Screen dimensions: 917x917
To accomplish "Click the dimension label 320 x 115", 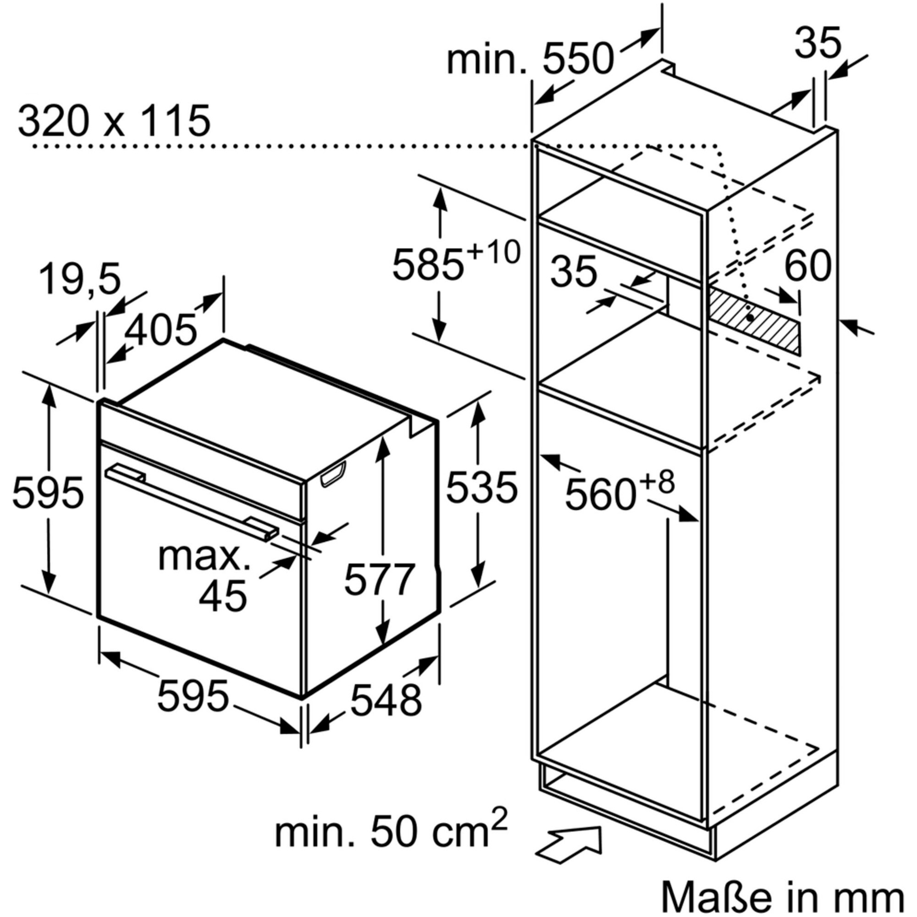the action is tap(114, 122).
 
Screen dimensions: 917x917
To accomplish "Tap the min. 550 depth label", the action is tap(530, 59).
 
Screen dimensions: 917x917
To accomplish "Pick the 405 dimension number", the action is tap(161, 329).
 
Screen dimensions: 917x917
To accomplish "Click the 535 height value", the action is tap(481, 486).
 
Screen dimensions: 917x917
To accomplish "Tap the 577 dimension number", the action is tap(380, 580).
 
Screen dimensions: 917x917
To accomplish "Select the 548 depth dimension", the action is tap(386, 700).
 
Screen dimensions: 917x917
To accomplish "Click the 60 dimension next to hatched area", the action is tap(808, 266).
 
